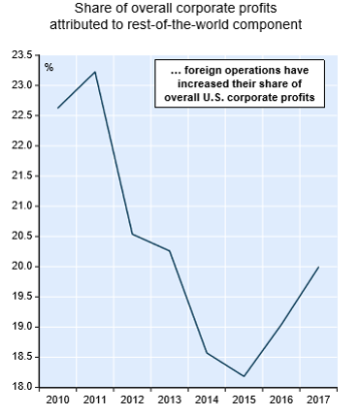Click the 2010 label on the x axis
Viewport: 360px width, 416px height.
pyautogui.click(x=57, y=400)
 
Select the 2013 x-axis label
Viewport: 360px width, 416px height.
pyautogui.click(x=170, y=400)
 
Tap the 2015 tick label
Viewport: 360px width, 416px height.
pyautogui.click(x=245, y=400)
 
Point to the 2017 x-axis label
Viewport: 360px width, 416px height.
pyautogui.click(x=318, y=400)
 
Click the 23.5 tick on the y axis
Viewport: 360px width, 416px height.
pyautogui.click(x=22, y=55)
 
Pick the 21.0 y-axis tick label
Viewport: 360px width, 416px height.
pyautogui.click(x=22, y=206)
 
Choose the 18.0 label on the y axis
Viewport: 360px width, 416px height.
pyautogui.click(x=22, y=387)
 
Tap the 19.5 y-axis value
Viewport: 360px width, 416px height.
pyautogui.click(x=22, y=297)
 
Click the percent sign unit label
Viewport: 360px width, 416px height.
pyautogui.click(x=49, y=68)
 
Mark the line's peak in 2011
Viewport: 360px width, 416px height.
pyautogui.click(x=95, y=72)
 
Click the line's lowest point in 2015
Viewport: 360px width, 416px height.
pyautogui.click(x=245, y=376)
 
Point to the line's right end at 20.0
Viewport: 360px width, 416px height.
pyautogui.click(x=319, y=267)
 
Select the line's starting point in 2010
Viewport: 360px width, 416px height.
pyautogui.click(x=57, y=108)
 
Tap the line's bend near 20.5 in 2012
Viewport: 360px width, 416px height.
pyautogui.click(x=132, y=234)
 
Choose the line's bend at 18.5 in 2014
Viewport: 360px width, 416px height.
pyautogui.click(x=207, y=353)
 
